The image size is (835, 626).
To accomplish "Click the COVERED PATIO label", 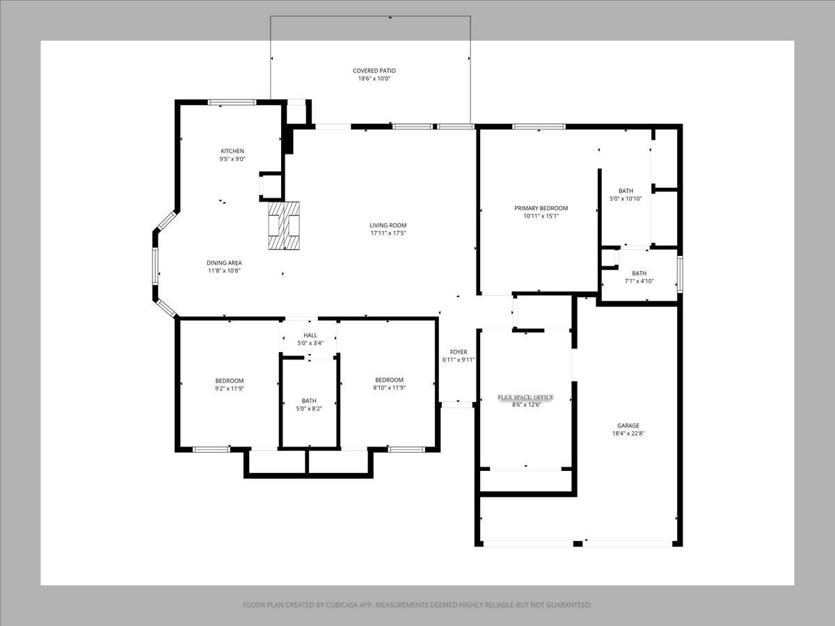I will point(374,70).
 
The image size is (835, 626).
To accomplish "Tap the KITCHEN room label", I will point(232,151).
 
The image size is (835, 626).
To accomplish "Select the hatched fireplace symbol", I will point(285,225).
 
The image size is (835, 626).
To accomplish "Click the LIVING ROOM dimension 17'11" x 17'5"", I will point(388,233).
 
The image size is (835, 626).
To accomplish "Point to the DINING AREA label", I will point(224,262).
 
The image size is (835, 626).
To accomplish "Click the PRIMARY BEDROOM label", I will point(541,208).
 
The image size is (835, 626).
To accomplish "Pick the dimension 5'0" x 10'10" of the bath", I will point(626,199).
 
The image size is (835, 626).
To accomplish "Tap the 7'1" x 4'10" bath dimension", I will point(639,281).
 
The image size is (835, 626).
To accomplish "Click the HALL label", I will point(310,335).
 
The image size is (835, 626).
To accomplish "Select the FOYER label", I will point(458,352).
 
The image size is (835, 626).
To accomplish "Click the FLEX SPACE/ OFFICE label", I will point(525,397).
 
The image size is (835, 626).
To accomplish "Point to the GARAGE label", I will point(628,426).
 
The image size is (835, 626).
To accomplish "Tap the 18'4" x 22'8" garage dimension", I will point(628,433).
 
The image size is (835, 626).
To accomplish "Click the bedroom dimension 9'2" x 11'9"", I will point(229,388).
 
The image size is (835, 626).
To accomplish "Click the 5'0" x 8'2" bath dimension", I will point(309,408).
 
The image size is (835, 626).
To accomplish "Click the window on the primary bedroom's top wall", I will point(539,127).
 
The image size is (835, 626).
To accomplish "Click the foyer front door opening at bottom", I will point(457,403).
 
